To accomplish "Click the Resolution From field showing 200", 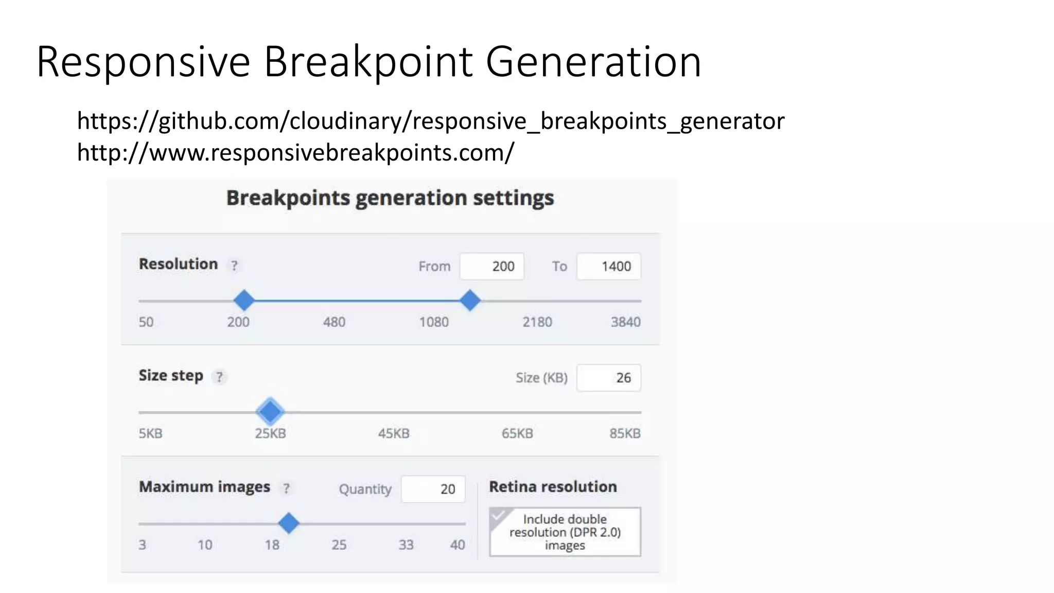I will pos(491,266).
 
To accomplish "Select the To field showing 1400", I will pos(608,266).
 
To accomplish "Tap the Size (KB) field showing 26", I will pos(608,378).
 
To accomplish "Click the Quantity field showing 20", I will pos(433,489).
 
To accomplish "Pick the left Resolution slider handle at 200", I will pos(244,300).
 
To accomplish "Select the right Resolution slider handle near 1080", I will pos(470,300).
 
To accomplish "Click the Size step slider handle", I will pos(270,411).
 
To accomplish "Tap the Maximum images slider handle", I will pos(289,523).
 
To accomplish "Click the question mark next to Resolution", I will pos(234,266).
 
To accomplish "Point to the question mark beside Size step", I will pos(220,377).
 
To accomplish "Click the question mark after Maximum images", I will pos(286,489).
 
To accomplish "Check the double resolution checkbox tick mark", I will pos(499,516).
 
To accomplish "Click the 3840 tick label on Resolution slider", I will pos(625,322).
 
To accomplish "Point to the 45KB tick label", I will pos(394,433).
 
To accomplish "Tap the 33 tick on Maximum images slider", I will pos(406,545).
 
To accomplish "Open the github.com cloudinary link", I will pos(430,121).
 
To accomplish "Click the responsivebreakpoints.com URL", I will pos(295,153).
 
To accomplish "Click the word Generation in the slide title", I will pos(593,62).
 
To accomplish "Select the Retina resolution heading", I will pos(553,486).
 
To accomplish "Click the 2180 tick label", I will pos(537,322).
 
